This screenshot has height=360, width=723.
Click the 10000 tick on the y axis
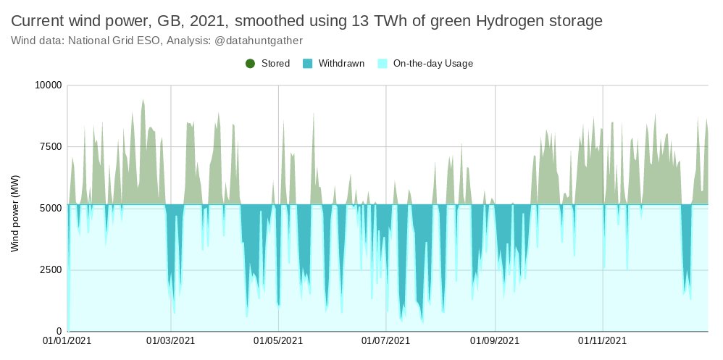49,85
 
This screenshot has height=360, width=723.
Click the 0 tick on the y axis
59,332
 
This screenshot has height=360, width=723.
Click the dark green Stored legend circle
251,64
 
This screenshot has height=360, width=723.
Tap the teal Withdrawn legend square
308,64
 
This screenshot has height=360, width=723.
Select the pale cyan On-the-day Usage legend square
383,64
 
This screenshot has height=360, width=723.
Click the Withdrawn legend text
341,64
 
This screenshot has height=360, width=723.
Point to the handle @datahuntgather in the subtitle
259,41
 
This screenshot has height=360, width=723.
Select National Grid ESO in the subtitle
113,41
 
